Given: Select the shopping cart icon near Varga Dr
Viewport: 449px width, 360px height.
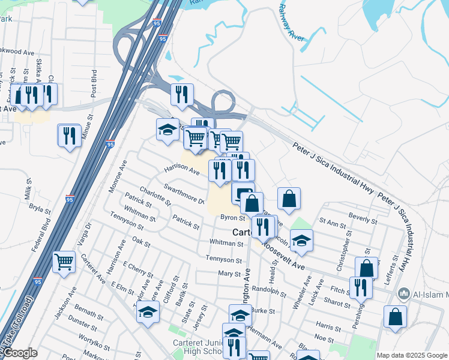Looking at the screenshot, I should (64, 262).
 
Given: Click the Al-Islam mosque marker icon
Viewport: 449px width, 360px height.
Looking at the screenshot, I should (404, 295).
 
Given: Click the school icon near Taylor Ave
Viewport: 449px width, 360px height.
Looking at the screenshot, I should (148, 312).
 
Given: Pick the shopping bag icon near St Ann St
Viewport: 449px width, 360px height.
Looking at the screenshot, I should (289, 198).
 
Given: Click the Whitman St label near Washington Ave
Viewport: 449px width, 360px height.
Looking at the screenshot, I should (226, 243).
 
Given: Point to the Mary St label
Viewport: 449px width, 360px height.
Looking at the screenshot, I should (229, 274).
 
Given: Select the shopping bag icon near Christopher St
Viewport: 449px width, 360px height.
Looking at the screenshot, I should (366, 268).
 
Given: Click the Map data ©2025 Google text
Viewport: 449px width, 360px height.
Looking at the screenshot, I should (412, 355).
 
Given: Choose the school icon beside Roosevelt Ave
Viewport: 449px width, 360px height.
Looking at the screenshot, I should (302, 241).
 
